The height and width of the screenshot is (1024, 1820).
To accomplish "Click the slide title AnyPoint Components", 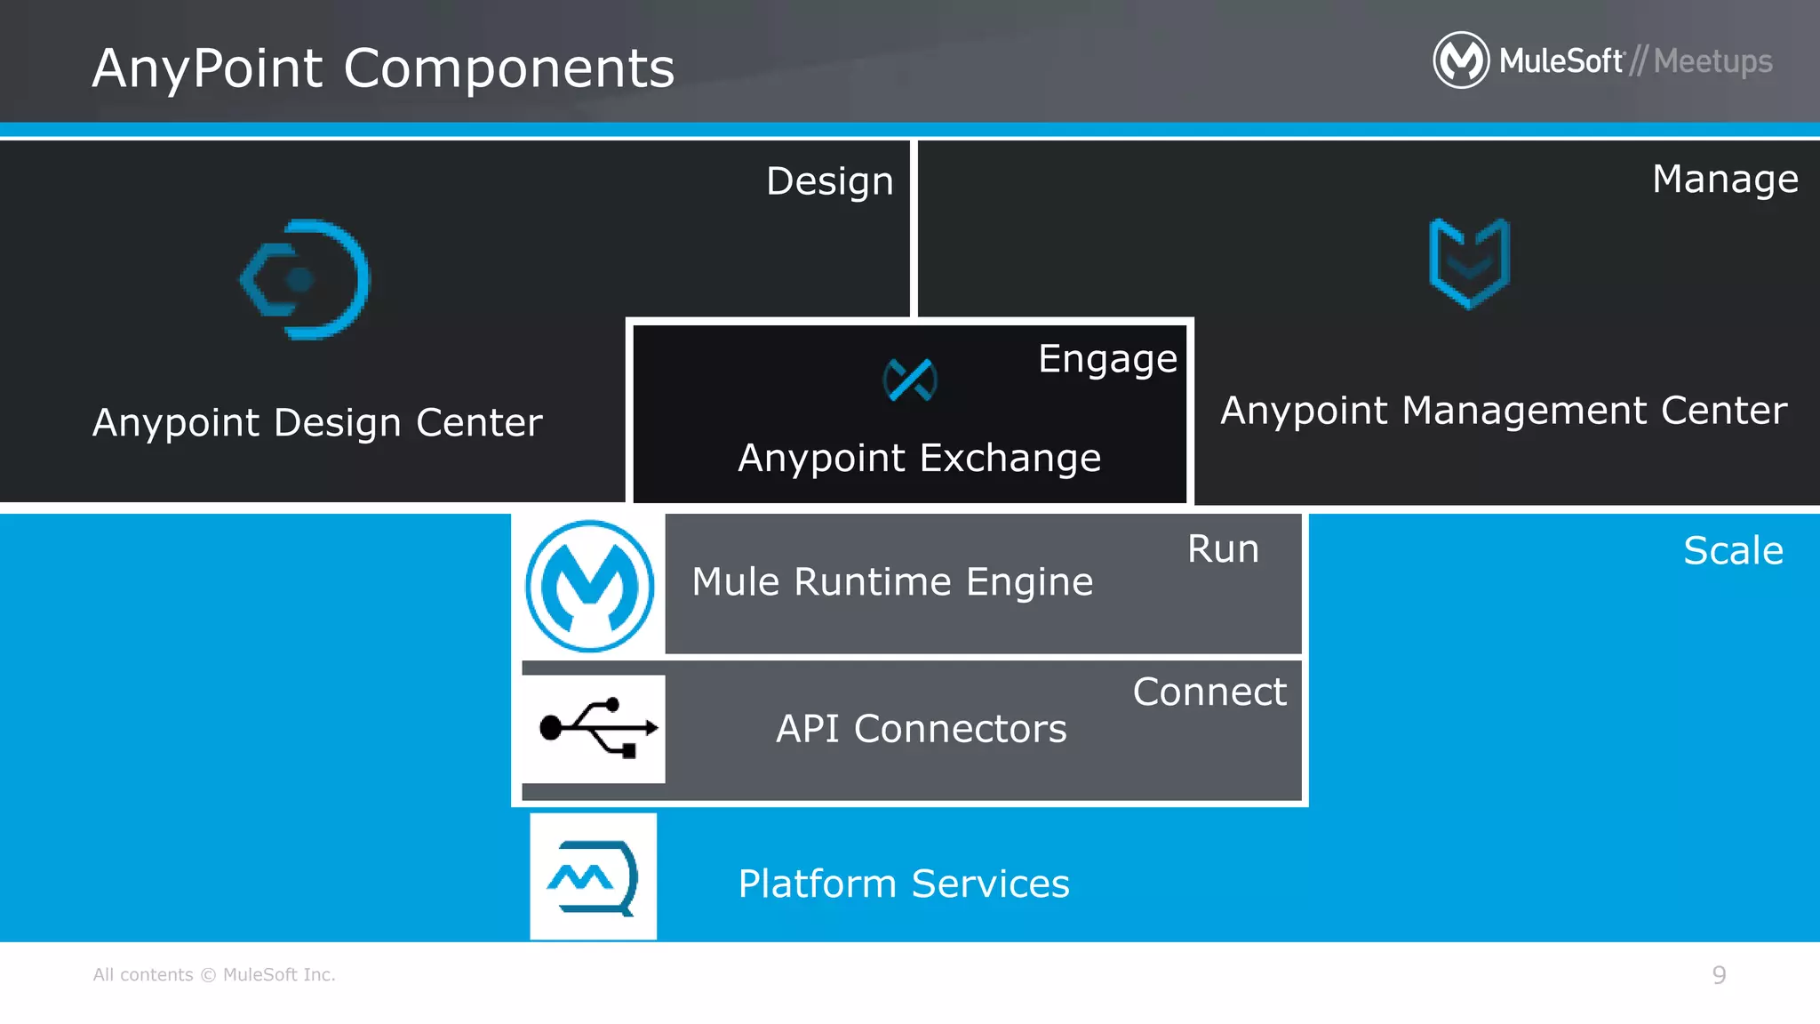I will pos(383,68).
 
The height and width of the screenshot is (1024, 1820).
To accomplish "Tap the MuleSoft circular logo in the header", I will pos(1460,60).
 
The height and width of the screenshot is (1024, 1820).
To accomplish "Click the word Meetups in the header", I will pos(1712,61).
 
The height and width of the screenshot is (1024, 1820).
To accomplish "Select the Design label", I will pos(829,181).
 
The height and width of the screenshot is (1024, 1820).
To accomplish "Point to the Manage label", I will pos(1725,180).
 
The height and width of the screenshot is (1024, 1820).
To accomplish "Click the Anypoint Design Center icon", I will pos(305,279).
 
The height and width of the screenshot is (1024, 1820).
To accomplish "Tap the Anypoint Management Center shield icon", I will pos(1469,263).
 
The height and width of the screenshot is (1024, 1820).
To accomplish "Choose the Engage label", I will pos(1107,359).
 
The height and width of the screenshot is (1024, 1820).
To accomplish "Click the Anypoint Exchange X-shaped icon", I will pos(910,380).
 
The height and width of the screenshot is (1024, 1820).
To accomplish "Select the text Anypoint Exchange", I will pos(919,459).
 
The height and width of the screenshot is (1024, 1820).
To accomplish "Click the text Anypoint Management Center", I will pos(1504,411).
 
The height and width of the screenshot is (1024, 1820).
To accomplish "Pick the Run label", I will pos(1223,549).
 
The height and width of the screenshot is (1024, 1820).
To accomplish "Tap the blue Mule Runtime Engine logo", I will pos(589,586).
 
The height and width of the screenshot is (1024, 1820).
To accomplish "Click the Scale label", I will pos(1733,551).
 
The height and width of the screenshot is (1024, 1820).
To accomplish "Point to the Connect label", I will pos(1209,692).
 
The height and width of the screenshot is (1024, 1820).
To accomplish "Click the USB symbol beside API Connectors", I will pos(598,728).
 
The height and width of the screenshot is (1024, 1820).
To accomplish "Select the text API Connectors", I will pos(921,729).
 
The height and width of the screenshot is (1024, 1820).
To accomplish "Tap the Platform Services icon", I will pos(593,876).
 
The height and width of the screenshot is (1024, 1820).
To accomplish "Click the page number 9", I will pos(1719,975).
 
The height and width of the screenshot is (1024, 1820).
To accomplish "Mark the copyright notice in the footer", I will pos(214,975).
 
